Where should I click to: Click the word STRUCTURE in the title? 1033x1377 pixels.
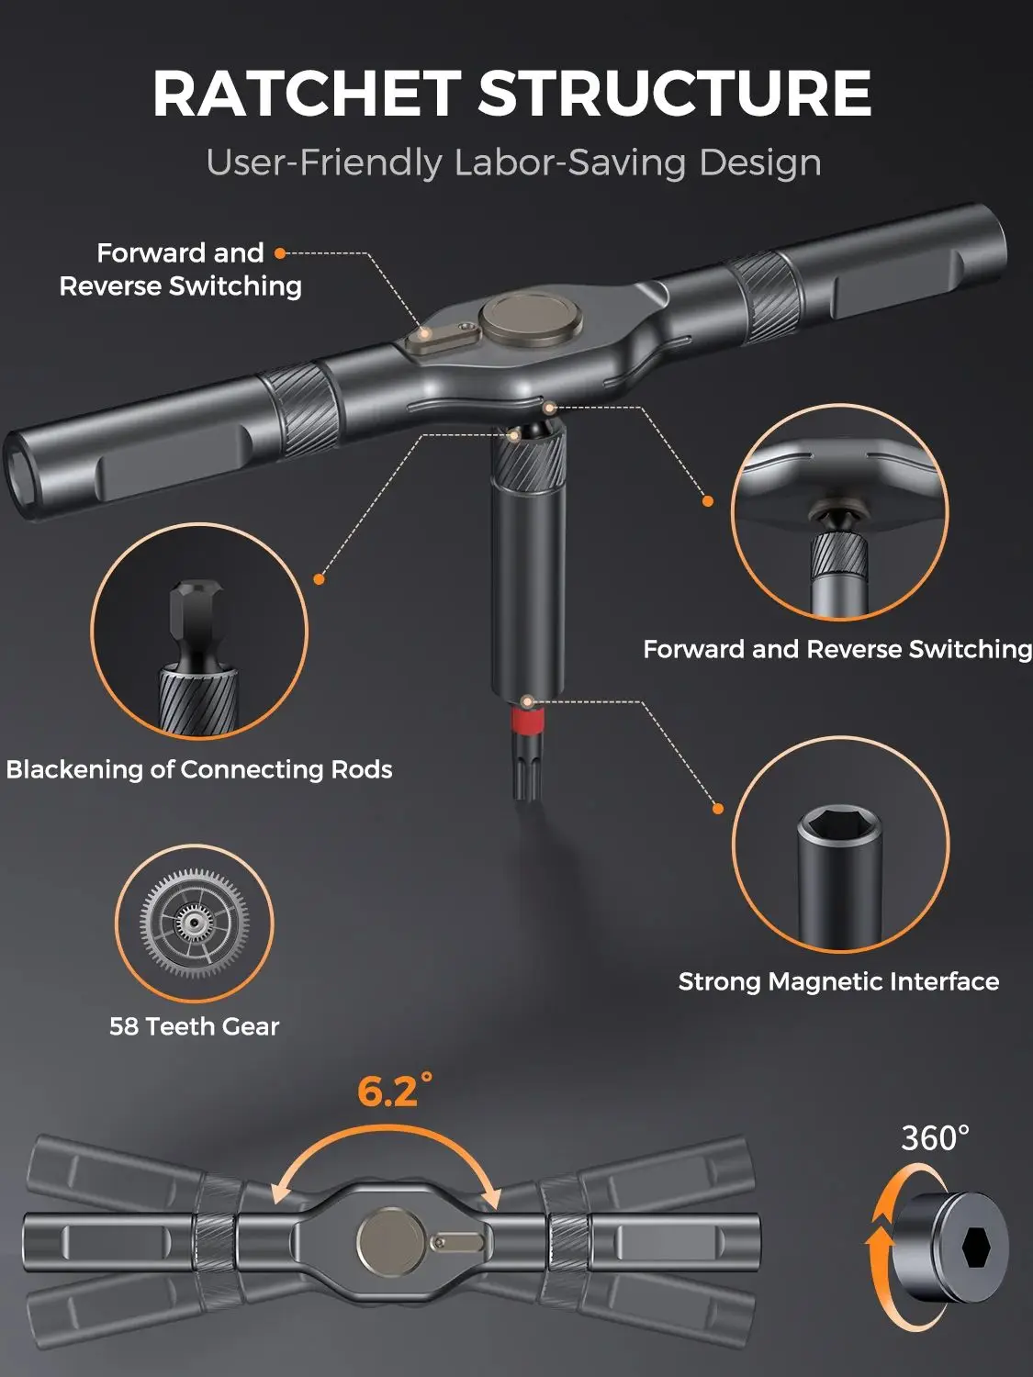tap(674, 94)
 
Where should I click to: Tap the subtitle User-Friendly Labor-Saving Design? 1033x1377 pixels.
tap(513, 162)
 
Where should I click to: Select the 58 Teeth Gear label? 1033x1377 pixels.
tap(194, 1026)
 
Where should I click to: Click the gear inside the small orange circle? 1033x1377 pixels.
tap(194, 922)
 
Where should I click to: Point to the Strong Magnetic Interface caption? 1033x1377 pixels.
tap(838, 981)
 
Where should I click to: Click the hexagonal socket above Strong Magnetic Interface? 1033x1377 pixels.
tap(840, 828)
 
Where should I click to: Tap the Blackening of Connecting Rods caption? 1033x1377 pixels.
tap(199, 769)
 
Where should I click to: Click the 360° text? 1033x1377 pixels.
tap(935, 1138)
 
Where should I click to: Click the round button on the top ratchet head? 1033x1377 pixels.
tap(532, 318)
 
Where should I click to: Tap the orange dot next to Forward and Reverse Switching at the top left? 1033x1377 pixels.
tap(281, 253)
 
